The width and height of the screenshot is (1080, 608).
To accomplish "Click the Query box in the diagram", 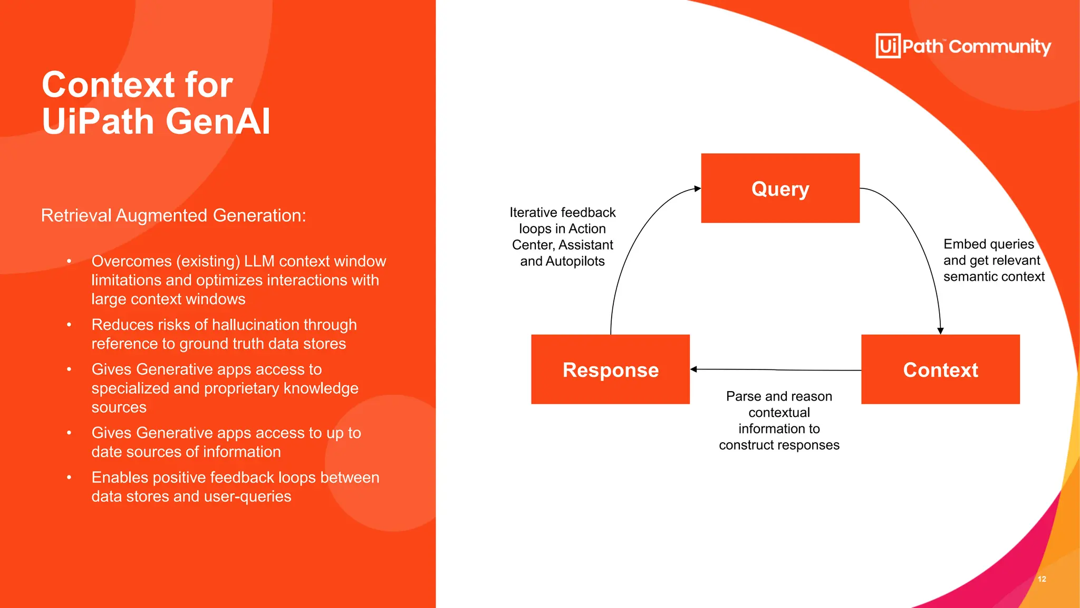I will coord(780,188).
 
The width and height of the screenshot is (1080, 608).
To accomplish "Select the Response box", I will coord(610,369).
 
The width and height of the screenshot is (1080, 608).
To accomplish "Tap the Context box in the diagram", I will coord(940,369).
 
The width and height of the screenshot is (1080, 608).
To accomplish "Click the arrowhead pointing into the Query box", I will coord(697,188).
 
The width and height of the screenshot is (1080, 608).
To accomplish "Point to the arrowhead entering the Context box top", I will coord(940,331).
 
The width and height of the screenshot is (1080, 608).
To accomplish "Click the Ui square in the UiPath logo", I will coord(888,46).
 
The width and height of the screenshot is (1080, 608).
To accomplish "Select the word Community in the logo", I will coord(1000,47).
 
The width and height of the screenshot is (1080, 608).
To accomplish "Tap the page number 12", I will coord(1042,579).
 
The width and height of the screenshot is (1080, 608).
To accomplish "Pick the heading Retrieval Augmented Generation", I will coord(173,215).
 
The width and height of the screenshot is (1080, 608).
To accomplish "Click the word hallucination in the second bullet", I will coord(255,325).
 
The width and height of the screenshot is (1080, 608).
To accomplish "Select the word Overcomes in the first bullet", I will coord(131,261).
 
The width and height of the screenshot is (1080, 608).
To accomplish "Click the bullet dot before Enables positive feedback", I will coord(69,477).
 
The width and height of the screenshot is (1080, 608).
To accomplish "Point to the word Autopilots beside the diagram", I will coord(575,261).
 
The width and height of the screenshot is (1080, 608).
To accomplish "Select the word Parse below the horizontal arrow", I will coord(743,396).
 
